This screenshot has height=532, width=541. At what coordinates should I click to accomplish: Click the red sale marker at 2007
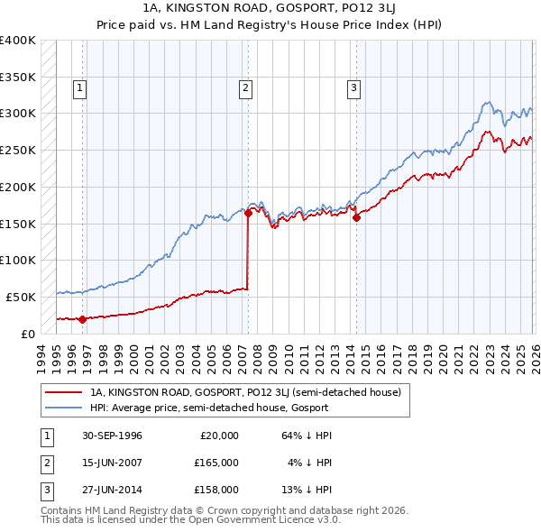click(x=248, y=213)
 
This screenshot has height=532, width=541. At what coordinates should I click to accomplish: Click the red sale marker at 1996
click(x=83, y=318)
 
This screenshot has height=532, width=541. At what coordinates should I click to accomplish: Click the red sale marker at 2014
click(x=356, y=217)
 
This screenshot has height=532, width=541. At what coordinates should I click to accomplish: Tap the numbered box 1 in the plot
click(x=80, y=87)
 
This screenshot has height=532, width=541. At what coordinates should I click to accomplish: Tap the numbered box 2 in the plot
click(x=245, y=87)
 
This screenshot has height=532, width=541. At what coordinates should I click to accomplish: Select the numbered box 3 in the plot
click(x=353, y=87)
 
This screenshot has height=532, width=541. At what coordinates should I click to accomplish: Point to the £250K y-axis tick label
click(x=18, y=150)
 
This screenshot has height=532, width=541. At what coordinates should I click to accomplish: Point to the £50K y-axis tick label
click(x=22, y=297)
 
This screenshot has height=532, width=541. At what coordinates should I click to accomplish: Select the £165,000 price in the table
click(x=215, y=463)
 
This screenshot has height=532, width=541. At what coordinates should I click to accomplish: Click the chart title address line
click(x=270, y=8)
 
